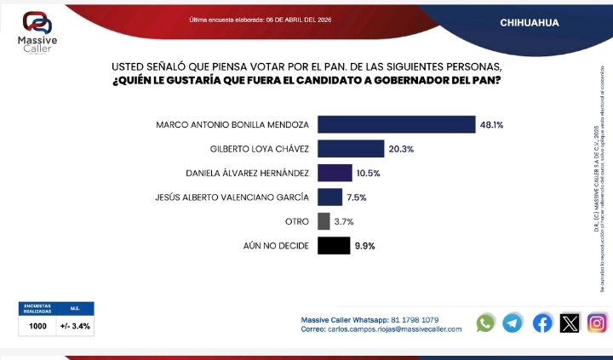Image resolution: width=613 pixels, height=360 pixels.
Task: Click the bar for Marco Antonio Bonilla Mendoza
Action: click(x=396, y=124)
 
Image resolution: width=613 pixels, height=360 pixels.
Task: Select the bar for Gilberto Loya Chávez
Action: click(x=351, y=149)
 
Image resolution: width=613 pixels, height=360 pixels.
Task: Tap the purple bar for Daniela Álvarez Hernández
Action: click(x=335, y=173)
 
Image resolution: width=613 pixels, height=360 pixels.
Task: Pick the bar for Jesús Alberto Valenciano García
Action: click(x=329, y=197)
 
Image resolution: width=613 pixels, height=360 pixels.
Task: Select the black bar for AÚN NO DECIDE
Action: click(x=334, y=246)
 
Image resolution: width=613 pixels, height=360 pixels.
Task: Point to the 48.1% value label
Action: click(x=491, y=124)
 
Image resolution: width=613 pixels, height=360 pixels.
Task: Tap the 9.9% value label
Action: click(x=365, y=246)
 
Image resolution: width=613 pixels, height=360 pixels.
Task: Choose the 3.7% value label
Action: click(x=343, y=221)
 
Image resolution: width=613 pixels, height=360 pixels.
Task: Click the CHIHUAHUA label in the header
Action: click(x=530, y=22)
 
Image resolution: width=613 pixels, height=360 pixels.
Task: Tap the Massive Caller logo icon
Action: click(x=37, y=22)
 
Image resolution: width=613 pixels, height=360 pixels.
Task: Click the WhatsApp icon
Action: click(x=485, y=323)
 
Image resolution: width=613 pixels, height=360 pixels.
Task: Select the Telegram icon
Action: click(x=513, y=323)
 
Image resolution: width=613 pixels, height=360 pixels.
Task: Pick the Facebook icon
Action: click(x=542, y=323)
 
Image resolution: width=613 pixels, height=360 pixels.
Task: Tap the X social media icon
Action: click(x=570, y=323)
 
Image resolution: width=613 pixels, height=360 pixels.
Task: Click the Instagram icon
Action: click(x=598, y=323)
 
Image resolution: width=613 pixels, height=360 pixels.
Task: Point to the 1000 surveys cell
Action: click(x=38, y=326)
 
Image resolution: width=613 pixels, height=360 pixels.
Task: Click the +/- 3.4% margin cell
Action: click(x=75, y=326)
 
